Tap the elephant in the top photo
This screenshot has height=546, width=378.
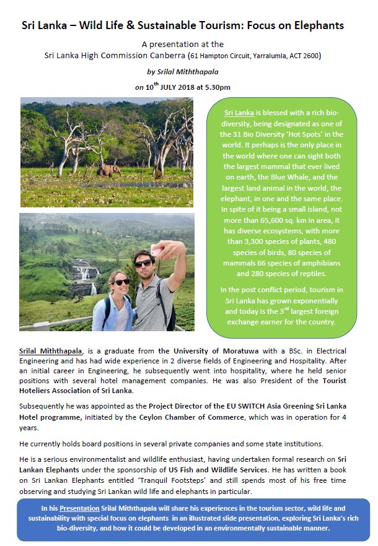coord(108,170)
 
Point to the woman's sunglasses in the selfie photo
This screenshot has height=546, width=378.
coord(120,282)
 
